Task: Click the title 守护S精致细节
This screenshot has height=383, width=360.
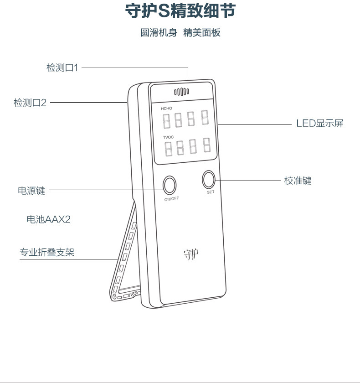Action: pyautogui.click(x=180, y=11)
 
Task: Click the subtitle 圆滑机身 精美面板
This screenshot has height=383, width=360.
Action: pyautogui.click(x=180, y=33)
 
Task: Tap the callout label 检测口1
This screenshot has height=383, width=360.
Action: pyautogui.click(x=62, y=67)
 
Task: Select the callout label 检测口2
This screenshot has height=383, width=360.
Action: pyautogui.click(x=30, y=103)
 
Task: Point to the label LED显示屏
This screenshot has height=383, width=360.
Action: pyautogui.click(x=319, y=124)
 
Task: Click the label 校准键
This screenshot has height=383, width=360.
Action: pyautogui.click(x=298, y=181)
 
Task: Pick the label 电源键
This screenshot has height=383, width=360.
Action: pyautogui.click(x=31, y=191)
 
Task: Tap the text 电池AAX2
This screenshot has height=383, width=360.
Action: pyautogui.click(x=49, y=219)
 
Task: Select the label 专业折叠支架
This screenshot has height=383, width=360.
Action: pyautogui.click(x=46, y=253)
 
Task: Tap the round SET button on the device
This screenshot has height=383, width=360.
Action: pyautogui.click(x=210, y=179)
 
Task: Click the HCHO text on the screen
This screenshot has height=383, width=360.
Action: pyautogui.click(x=166, y=109)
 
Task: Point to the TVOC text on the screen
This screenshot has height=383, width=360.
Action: pyautogui.click(x=168, y=137)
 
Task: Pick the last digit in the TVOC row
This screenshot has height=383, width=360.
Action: pyautogui.click(x=207, y=145)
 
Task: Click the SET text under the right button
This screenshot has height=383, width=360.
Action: pyautogui.click(x=210, y=192)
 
